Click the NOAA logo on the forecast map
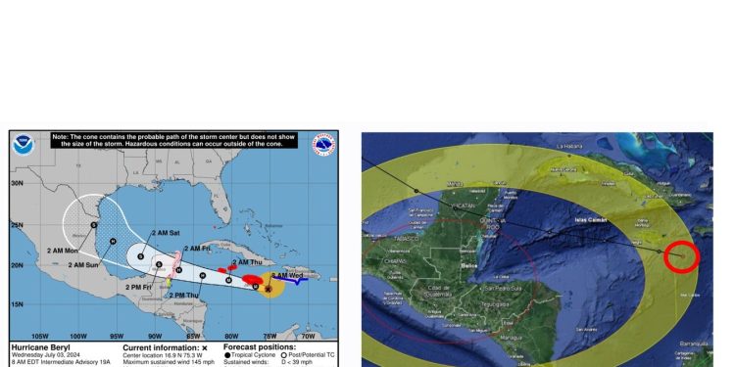(x=23, y=146)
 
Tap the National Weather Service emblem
(x=323, y=146)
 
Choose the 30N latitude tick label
(x=17, y=183)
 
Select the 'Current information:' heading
(x=161, y=347)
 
